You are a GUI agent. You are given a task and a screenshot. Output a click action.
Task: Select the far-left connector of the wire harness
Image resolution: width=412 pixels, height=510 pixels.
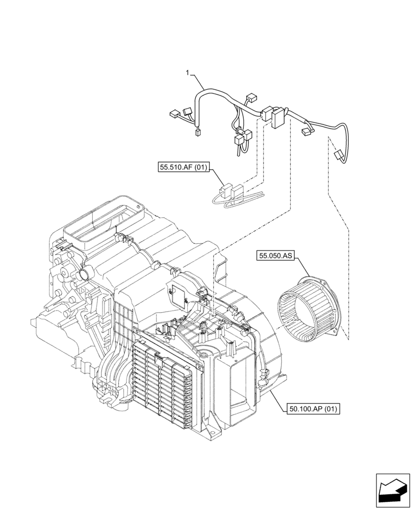[x=173, y=114]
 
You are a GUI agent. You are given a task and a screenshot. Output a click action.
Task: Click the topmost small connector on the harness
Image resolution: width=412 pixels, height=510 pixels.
[x=250, y=97]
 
